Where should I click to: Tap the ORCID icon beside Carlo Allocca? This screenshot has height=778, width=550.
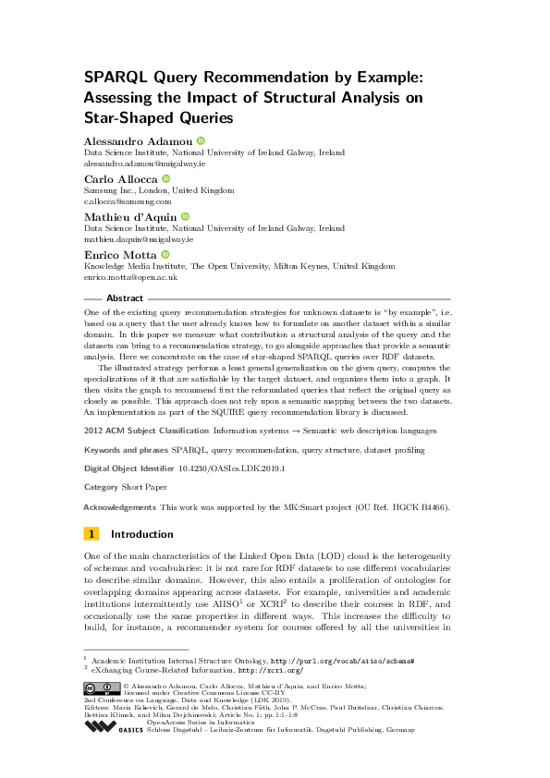pyautogui.click(x=166, y=177)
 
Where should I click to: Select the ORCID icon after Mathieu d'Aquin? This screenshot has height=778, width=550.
pyautogui.click(x=185, y=215)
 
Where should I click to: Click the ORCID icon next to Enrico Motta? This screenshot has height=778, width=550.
pyautogui.click(x=166, y=253)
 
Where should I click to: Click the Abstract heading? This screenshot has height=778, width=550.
pyautogui.click(x=125, y=299)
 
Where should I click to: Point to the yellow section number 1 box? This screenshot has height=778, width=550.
pyautogui.click(x=92, y=534)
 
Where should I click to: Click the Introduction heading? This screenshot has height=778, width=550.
pyautogui.click(x=141, y=534)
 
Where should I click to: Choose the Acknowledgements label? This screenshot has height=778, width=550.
pyautogui.click(x=120, y=507)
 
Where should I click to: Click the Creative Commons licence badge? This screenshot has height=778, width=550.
pyautogui.click(x=102, y=687)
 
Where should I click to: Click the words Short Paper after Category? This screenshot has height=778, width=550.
pyautogui.click(x=146, y=486)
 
